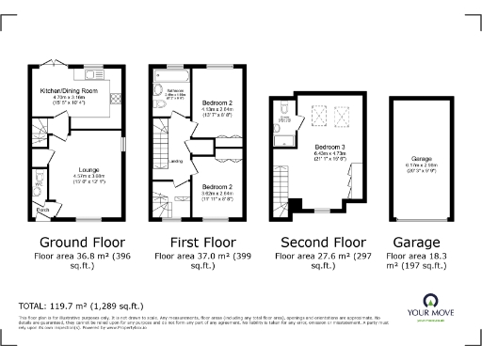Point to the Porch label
(x=41, y=209)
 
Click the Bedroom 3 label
(x=329, y=149)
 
